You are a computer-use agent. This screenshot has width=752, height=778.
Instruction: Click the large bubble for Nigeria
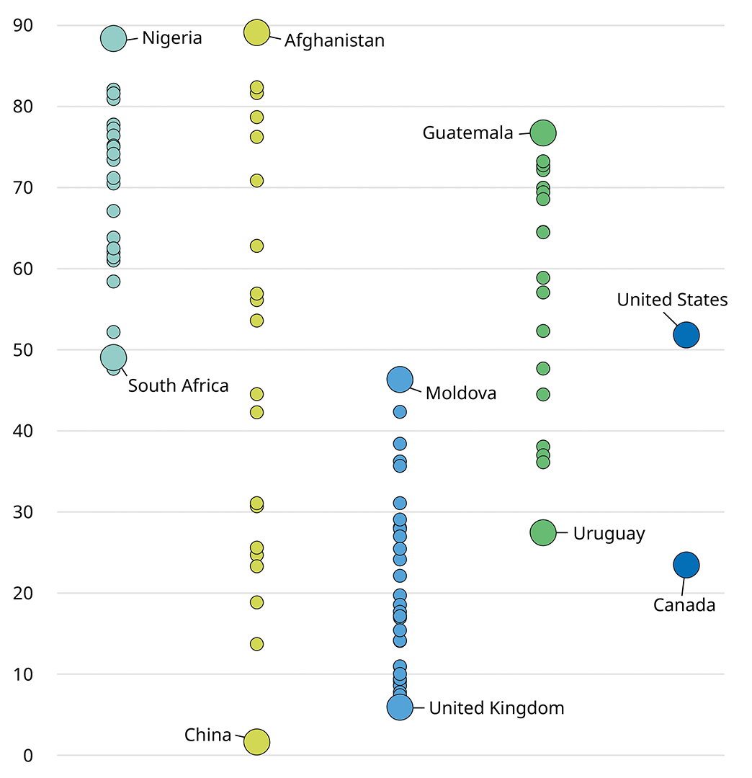113,38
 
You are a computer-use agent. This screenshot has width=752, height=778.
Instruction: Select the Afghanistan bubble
256,32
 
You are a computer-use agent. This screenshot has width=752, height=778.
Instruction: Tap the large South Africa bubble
113,357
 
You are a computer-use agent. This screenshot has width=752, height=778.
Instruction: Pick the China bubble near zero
256,741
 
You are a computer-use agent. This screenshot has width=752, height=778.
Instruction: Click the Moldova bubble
400,379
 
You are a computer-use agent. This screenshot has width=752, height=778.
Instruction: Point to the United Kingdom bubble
400,707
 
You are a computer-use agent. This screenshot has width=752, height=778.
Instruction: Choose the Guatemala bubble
543,133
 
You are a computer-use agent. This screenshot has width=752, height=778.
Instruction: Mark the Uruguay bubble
543,532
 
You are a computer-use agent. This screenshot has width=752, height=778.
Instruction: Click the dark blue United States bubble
686,334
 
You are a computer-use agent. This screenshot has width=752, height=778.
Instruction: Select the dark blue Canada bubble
686,565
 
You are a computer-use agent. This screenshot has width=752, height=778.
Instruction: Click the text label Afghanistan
334,40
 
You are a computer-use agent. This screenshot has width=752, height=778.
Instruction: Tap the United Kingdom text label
496,708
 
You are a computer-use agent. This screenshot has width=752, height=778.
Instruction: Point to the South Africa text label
178,386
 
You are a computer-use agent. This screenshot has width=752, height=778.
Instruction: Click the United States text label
672,300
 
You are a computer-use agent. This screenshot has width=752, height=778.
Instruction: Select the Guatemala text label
467,133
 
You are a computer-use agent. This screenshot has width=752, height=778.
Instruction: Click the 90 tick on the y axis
24,25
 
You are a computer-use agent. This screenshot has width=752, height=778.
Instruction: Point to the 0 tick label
29,756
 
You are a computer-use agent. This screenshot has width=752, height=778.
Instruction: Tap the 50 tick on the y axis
24,350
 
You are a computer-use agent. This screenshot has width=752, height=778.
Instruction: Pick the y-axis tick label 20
24,594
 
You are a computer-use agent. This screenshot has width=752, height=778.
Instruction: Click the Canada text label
684,605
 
